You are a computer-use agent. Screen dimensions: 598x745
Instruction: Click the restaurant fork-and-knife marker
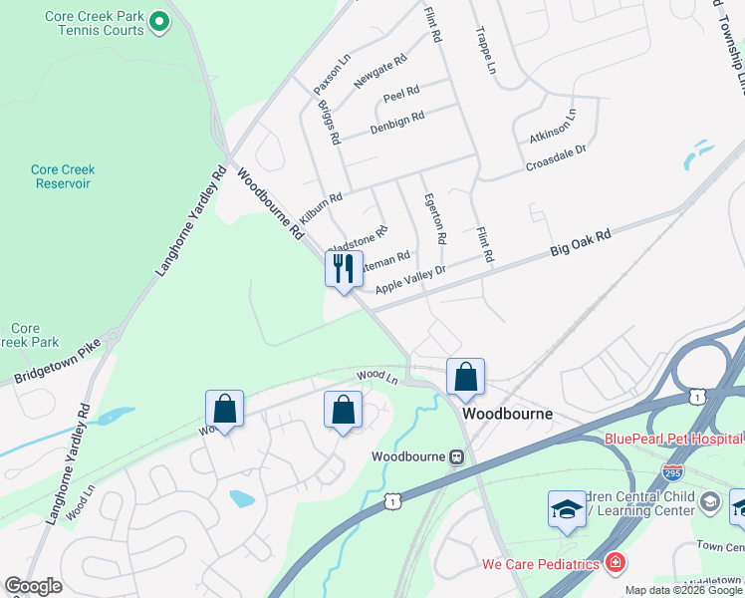(x=344, y=269)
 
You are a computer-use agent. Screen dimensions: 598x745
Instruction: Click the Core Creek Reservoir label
(x=61, y=176)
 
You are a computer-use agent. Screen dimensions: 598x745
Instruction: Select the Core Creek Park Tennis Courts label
(x=95, y=23)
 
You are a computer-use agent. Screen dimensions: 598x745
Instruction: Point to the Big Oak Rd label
(x=580, y=244)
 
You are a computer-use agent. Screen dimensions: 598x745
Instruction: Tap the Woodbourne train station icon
(x=456, y=456)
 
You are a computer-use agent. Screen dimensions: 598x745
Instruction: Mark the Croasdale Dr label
(x=556, y=156)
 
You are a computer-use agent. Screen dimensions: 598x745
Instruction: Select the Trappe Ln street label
(x=485, y=51)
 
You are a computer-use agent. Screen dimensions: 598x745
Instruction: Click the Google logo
(x=34, y=586)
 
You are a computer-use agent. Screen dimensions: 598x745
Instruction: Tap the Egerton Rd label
(x=434, y=218)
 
